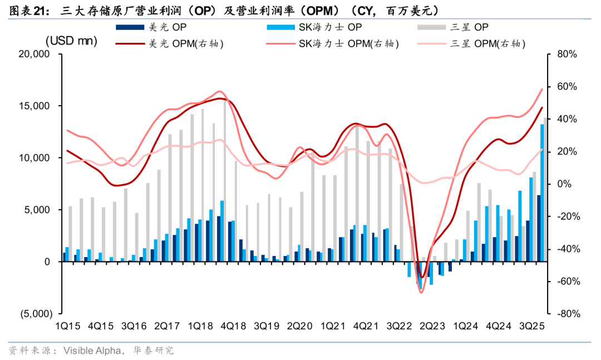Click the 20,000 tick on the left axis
[x=35, y=55]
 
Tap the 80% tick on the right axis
[x=566, y=55]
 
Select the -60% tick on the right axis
[x=566, y=282]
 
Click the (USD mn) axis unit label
[x=71, y=41]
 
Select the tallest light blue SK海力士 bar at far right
[x=542, y=193]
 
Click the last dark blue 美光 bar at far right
[x=539, y=228]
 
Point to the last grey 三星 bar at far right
[x=545, y=189]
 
